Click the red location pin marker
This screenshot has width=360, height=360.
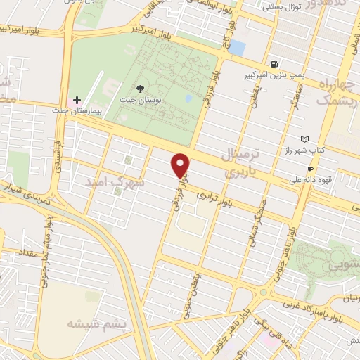181,165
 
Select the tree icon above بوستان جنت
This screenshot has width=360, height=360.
140,89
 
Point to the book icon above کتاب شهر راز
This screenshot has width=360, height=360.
304,140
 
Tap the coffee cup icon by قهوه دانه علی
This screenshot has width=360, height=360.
310,169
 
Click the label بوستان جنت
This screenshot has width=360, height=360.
141,100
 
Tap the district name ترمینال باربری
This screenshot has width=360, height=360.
243,161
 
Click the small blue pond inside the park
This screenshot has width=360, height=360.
188,98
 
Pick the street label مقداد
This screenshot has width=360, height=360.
20,252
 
